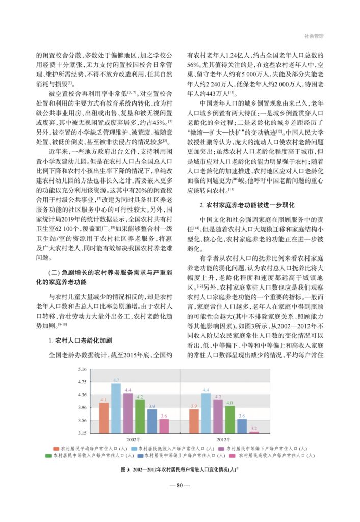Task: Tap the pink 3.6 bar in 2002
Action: pos(164,426)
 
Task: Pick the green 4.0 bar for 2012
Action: pos(230,420)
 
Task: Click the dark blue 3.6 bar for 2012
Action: pos(242,426)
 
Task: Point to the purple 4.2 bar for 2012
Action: pos(218,416)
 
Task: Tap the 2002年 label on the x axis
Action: pos(134,438)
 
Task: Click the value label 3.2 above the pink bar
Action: pos(254,428)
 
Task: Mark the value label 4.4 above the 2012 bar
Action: pos(206,390)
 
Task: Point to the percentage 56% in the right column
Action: pos(193,66)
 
